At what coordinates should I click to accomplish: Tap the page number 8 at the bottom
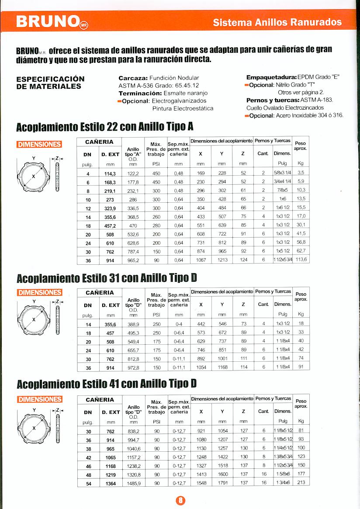[180, 501]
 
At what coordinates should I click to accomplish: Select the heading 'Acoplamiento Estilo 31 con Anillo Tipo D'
[105, 278]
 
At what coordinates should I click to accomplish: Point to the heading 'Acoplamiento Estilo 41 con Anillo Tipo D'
[106, 384]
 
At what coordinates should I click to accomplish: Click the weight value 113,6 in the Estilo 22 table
[301, 260]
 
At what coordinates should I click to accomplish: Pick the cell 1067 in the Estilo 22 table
[201, 260]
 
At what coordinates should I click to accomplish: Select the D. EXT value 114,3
[111, 173]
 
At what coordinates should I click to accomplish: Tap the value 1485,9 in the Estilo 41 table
[134, 483]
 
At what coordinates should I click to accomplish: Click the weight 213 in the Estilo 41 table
[301, 483]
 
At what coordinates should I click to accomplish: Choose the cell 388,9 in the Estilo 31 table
[134, 324]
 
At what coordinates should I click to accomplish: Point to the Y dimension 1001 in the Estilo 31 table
[222, 359]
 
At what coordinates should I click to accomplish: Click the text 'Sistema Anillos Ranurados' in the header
[277, 22]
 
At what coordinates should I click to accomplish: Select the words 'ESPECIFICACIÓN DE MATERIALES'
[50, 82]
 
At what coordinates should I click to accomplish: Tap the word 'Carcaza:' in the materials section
[133, 78]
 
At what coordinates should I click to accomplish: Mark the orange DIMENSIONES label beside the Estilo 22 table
[39, 145]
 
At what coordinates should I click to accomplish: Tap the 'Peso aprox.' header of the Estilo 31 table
[301, 297]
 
